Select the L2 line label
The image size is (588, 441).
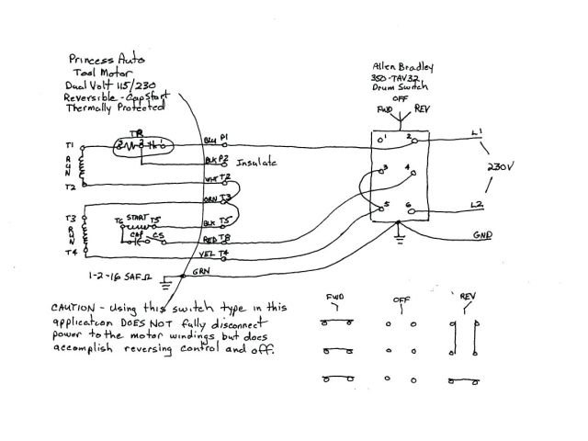(x=477, y=204)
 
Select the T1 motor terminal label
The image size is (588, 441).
(x=70, y=145)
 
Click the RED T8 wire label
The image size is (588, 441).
(x=217, y=238)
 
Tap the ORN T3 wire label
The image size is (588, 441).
(x=218, y=198)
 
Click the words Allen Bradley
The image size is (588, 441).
(x=403, y=68)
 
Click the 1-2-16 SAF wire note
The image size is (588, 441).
(x=115, y=274)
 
